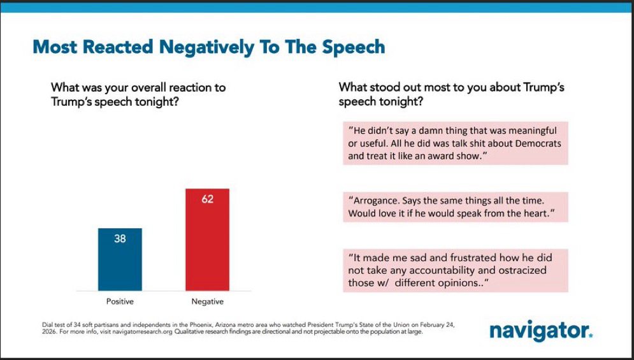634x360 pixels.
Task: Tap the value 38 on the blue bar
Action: [120, 239]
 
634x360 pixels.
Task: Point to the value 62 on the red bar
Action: [207, 199]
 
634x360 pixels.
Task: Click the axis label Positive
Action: [120, 301]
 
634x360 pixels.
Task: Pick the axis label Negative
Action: [208, 301]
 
